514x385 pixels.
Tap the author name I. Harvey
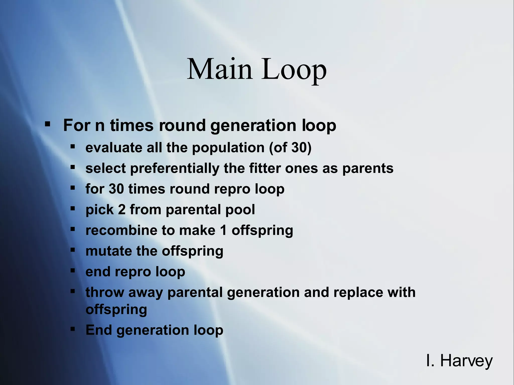tap(459, 361)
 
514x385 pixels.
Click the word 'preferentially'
tap(175, 168)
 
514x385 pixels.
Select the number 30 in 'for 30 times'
tap(116, 189)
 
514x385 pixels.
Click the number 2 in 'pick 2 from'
tap(122, 210)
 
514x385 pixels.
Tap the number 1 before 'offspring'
tap(223, 230)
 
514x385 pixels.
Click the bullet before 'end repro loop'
tap(73, 270)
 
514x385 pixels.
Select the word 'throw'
tap(104, 292)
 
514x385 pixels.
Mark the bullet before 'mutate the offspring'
tap(73, 250)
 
